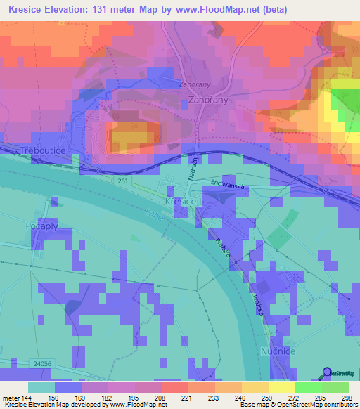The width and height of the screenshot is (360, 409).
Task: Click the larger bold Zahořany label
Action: [x=209, y=101]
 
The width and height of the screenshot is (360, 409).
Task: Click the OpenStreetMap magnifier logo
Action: [x=328, y=374]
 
